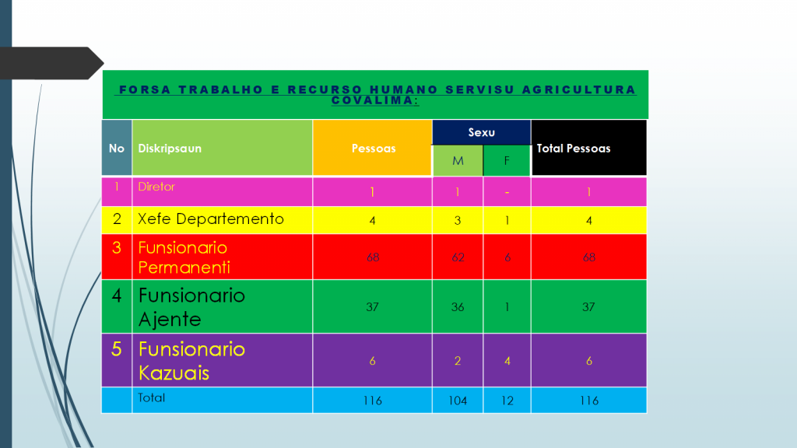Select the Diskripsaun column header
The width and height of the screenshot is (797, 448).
(170, 148)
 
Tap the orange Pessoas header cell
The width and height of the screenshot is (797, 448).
(374, 148)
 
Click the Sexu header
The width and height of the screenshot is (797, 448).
(481, 132)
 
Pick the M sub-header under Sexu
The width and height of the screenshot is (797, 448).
(458, 161)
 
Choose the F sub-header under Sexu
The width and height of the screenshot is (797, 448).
(507, 161)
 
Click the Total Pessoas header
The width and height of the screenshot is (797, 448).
(574, 148)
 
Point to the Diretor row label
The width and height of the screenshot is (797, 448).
(156, 187)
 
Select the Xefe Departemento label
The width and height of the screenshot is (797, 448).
(211, 219)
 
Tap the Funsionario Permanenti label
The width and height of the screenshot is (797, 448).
(184, 257)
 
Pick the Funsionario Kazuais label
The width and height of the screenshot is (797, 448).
(191, 361)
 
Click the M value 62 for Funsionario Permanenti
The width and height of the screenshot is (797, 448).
(458, 257)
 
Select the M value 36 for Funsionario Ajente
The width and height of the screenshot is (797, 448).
(458, 307)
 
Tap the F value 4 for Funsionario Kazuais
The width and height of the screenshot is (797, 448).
(507, 361)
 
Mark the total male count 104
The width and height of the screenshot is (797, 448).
(458, 401)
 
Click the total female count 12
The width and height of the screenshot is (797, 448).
(507, 401)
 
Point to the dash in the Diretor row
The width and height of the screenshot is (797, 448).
(507, 192)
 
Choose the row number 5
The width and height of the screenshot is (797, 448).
(117, 349)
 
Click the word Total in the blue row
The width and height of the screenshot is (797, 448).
(151, 397)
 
